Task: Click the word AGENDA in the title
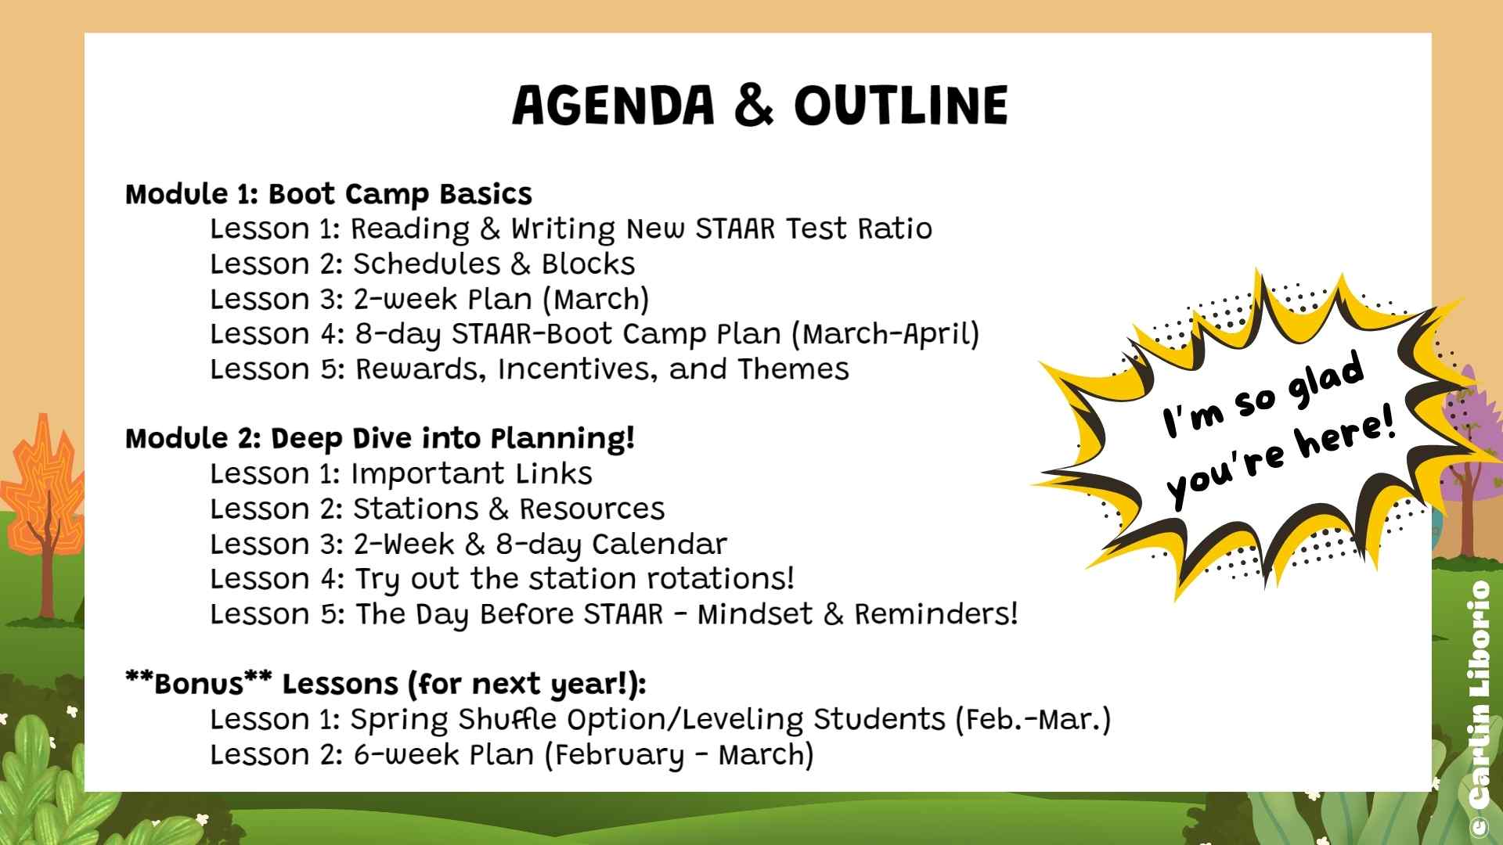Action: click(613, 106)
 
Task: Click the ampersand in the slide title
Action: click(755, 106)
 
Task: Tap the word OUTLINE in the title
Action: click(901, 106)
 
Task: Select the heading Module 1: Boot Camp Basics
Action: click(329, 194)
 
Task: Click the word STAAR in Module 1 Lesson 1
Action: click(736, 229)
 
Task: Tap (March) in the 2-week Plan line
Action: click(596, 300)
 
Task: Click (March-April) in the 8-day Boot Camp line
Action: click(885, 335)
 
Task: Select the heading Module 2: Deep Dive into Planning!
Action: click(380, 438)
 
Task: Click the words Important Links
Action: click(471, 474)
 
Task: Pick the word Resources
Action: click(592, 509)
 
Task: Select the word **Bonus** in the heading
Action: click(199, 683)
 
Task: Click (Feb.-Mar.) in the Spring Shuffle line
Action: click(1033, 719)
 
